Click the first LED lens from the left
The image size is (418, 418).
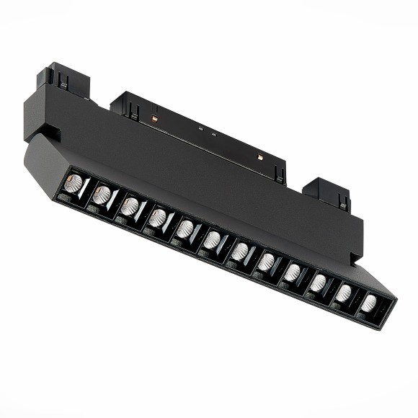click(72, 183)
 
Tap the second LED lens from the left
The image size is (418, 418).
click(102, 194)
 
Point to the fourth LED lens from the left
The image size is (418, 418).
click(158, 217)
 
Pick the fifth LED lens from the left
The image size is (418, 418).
click(185, 228)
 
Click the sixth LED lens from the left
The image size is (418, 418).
click(212, 240)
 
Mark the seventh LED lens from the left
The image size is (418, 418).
click(239, 251)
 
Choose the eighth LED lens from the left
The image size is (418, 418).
click(266, 261)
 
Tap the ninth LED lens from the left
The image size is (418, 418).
click(292, 272)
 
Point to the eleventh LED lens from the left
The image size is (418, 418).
click(343, 293)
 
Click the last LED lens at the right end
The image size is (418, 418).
click(368, 303)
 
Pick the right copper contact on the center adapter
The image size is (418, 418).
click(259, 155)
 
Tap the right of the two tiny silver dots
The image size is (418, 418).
click(214, 135)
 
